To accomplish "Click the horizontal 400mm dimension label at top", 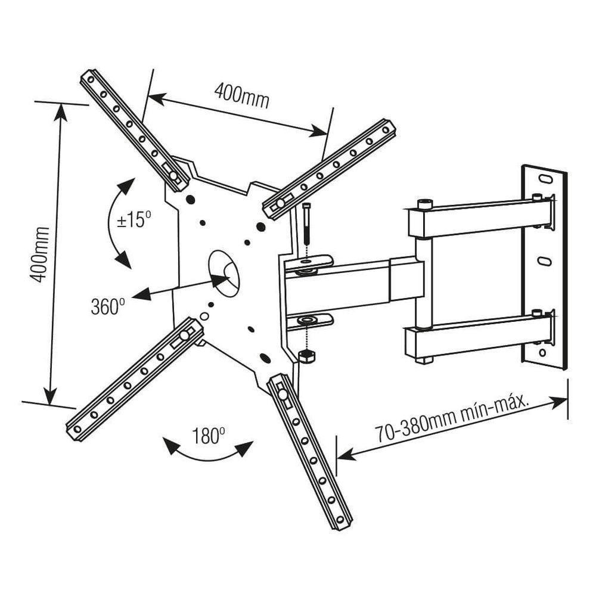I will click(241, 95).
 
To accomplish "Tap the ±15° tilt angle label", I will click(134, 220).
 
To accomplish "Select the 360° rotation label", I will click(108, 306).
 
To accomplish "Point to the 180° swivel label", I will click(208, 436).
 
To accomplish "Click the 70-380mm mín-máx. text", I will click(452, 421).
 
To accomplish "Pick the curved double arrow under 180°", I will click(208, 454).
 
